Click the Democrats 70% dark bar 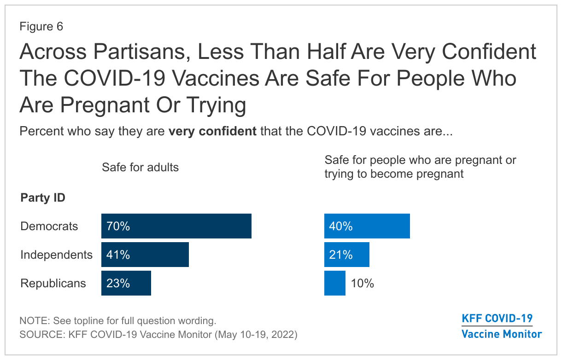[x=176, y=226]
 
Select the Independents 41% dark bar [x=145, y=255]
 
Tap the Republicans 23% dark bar [x=126, y=283]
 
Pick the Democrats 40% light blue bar [x=367, y=226]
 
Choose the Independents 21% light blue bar [x=347, y=255]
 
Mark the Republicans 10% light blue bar [x=335, y=283]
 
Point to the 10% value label [x=362, y=283]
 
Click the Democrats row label [x=49, y=226]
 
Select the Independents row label [x=57, y=255]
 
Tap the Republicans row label [x=53, y=283]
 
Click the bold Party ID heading [x=43, y=197]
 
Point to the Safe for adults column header [x=140, y=167]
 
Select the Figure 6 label [x=41, y=26]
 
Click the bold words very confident [x=212, y=131]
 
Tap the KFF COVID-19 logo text [x=497, y=319]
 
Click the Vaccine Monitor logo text [x=502, y=334]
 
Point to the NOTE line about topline [x=118, y=321]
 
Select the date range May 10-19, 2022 [x=256, y=334]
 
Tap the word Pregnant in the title [x=105, y=105]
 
